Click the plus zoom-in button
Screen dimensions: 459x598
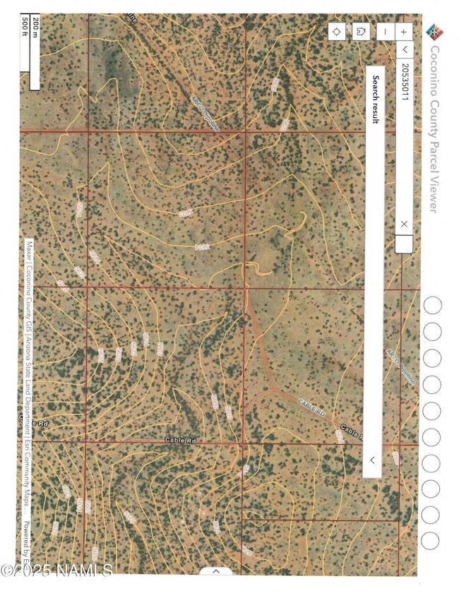tap(404, 31)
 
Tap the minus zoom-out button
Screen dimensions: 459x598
tap(384, 31)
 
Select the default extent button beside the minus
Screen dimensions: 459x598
tap(361, 31)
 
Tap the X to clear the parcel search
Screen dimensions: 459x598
tap(404, 224)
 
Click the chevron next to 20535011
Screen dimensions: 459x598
tap(404, 49)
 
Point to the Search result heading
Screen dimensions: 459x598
tap(376, 99)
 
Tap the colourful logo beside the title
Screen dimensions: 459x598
tap(432, 31)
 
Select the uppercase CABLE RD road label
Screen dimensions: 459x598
tap(310, 407)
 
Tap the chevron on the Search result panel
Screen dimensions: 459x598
tap(372, 460)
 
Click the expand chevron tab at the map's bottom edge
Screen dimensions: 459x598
tap(217, 570)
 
